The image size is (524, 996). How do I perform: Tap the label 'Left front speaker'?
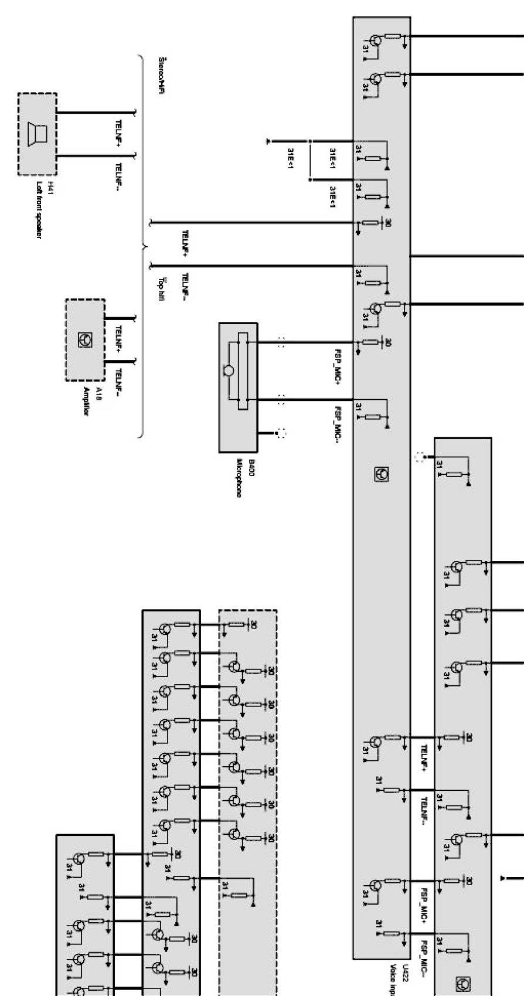(39, 210)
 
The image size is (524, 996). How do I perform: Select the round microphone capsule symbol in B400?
(229, 370)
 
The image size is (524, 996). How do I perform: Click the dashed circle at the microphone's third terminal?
(282, 433)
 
